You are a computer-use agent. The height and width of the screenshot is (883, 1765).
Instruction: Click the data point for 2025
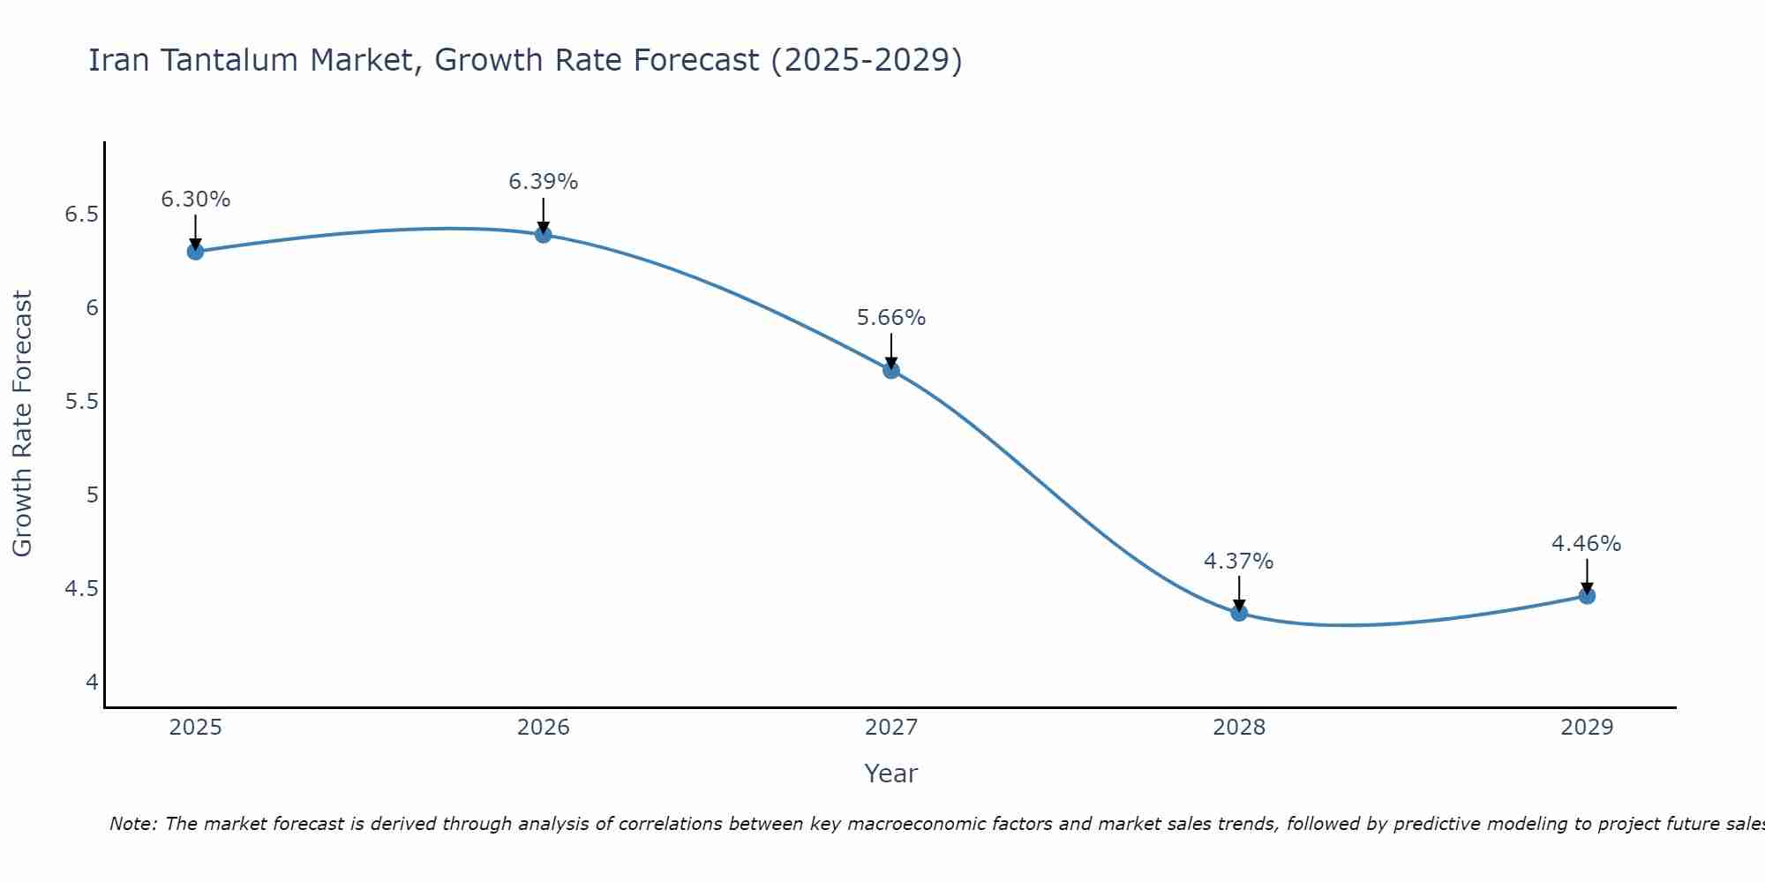(195, 252)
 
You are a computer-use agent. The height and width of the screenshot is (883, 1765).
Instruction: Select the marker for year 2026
(544, 235)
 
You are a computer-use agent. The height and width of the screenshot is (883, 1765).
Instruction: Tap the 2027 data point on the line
(891, 371)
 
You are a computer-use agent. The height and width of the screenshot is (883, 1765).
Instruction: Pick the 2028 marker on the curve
(1239, 612)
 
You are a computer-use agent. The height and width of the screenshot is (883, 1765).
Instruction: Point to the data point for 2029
(1587, 595)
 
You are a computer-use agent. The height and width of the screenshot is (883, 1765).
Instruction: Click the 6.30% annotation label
(195, 200)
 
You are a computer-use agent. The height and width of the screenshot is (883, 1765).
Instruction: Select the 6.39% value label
(544, 182)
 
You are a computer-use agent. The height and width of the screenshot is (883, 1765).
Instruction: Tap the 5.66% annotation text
(891, 318)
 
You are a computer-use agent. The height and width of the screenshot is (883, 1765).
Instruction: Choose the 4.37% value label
(1239, 562)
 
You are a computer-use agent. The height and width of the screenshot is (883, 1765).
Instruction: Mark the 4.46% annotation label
(1587, 544)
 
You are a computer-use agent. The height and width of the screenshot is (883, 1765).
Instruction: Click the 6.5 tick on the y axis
(81, 215)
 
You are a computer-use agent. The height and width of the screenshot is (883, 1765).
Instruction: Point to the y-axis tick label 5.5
(81, 402)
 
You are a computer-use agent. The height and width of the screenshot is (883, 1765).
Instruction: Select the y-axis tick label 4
(92, 682)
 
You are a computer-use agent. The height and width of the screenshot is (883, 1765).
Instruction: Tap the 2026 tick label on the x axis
(544, 728)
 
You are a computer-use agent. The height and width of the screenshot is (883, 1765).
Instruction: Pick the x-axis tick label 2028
(1239, 728)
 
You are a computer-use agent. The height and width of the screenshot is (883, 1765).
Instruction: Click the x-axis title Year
(891, 774)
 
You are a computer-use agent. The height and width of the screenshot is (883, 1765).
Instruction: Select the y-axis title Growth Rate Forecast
(23, 424)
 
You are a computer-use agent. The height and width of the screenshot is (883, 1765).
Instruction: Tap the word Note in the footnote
(132, 824)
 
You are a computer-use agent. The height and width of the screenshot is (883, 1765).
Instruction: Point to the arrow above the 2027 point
(891, 351)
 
